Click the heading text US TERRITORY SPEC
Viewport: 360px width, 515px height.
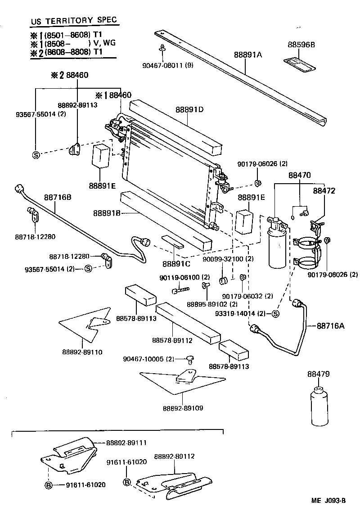point(74,21)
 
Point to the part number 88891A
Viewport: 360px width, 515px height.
point(247,55)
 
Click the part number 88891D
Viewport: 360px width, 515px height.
point(189,109)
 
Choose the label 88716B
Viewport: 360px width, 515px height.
point(58,197)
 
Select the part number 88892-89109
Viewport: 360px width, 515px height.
point(183,408)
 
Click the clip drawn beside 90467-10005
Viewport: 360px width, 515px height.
point(191,359)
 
